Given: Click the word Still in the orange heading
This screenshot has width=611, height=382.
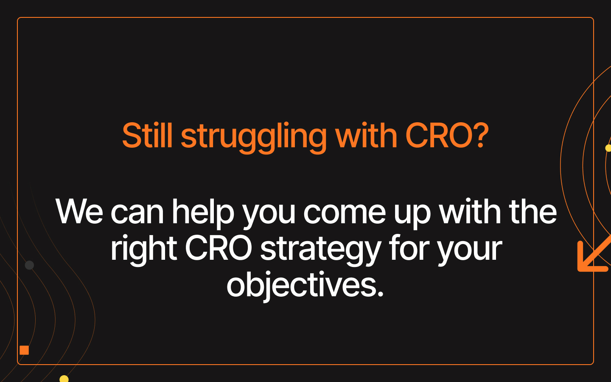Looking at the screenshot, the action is coord(147,135).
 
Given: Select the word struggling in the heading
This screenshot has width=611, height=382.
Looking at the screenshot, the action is coord(254,138).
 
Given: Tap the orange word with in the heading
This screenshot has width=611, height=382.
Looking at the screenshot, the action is coord(366,135).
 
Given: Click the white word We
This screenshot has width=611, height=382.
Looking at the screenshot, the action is coord(79,212).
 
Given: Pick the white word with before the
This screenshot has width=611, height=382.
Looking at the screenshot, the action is coord(470,211).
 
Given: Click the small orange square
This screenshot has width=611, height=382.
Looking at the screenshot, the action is coord(24,350).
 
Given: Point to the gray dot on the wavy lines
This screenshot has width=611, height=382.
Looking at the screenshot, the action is coord(29,265).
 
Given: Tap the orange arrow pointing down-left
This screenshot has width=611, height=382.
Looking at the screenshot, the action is coord(594,255).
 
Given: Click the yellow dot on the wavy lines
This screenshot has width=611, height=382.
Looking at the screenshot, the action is coord(64,379).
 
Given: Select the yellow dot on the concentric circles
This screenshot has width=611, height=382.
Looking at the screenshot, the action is coord(608,148).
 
